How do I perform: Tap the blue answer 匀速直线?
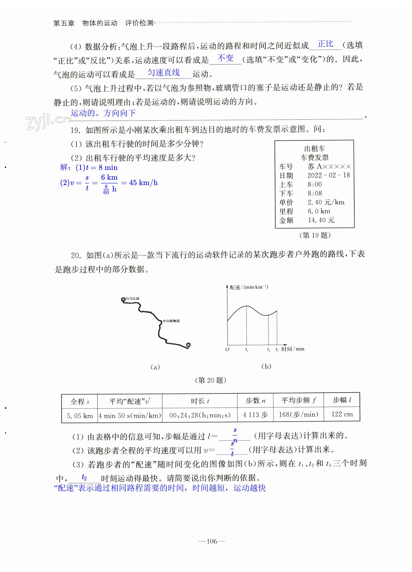click(x=164, y=73)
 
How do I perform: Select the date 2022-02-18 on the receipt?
click(x=328, y=175)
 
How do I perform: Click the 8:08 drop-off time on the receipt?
click(x=315, y=193)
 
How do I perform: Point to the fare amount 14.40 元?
click(x=321, y=220)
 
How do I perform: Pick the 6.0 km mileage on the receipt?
click(x=319, y=211)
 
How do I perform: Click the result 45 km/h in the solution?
click(x=143, y=183)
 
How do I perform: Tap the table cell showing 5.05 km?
click(x=80, y=416)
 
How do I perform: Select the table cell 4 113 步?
click(x=255, y=415)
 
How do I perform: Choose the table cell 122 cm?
click(x=342, y=414)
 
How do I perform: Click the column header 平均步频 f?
click(x=298, y=400)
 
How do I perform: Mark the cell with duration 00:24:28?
click(x=200, y=415)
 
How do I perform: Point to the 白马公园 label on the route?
click(x=132, y=299)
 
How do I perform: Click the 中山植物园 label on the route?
click(x=171, y=321)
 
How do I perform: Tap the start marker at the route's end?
click(x=188, y=345)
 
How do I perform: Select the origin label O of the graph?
click(x=227, y=350)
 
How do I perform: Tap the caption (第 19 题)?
click(x=315, y=235)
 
